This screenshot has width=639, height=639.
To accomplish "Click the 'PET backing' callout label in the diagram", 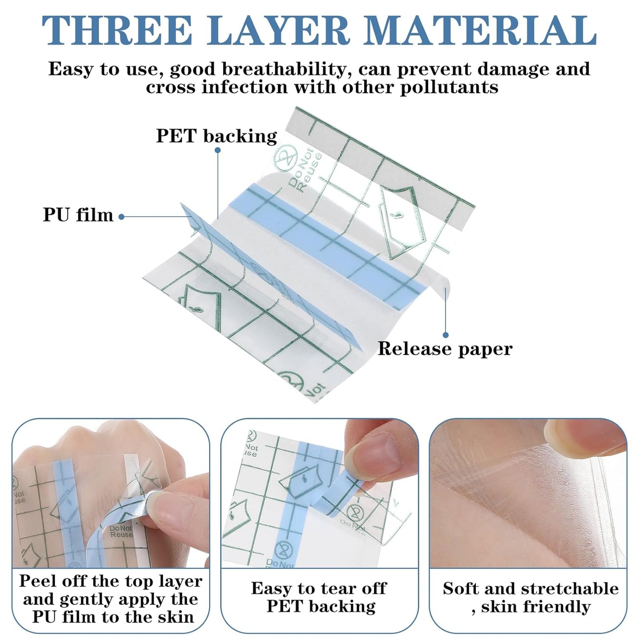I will pos(216,136).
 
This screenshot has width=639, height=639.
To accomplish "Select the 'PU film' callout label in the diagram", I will pos(78,215).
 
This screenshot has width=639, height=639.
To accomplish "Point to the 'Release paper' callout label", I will pos(444,349).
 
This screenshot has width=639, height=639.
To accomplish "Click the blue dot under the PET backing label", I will pos(218,150).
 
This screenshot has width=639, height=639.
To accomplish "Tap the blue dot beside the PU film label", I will pos(122,217).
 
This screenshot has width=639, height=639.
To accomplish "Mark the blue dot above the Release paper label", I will pos(446,335).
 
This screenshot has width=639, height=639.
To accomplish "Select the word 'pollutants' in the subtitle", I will pos(448,87).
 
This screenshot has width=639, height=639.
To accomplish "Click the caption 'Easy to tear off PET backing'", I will pos(319,597).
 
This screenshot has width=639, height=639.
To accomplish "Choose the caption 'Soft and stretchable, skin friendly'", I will pos(530,597).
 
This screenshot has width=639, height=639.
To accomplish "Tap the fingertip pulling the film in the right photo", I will pos(575,436).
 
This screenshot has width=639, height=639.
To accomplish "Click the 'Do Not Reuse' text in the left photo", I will pos(121,531).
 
